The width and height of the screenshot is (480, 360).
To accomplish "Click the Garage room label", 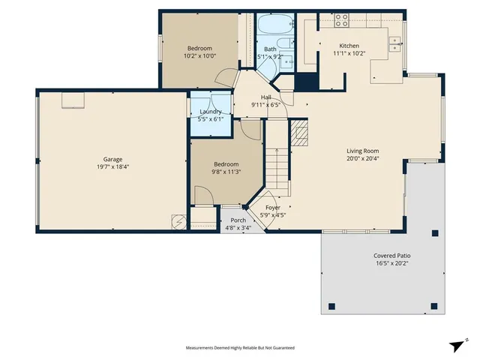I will pyautogui.click(x=112, y=159).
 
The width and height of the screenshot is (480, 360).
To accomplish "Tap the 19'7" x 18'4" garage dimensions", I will pyautogui.click(x=112, y=166).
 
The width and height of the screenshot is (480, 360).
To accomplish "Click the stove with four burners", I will pyautogui.click(x=341, y=21).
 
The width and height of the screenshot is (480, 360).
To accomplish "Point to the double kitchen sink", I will pyautogui.click(x=394, y=45).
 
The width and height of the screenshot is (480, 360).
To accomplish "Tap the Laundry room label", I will pyautogui.click(x=210, y=112).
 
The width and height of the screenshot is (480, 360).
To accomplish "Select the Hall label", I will pyautogui.click(x=265, y=97).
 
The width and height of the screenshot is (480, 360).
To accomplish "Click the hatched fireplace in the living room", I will pyautogui.click(x=300, y=134).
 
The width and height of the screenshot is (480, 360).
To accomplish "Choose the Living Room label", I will pyautogui.click(x=364, y=151).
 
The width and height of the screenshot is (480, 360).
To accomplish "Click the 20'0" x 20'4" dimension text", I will pyautogui.click(x=364, y=158).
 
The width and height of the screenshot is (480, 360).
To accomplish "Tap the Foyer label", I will pyautogui.click(x=273, y=208).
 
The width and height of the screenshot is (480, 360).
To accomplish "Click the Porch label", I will pyautogui.click(x=238, y=220).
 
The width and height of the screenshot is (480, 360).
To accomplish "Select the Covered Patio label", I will pyautogui.click(x=392, y=256).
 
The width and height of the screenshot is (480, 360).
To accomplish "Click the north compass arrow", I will pyautogui.click(x=457, y=345).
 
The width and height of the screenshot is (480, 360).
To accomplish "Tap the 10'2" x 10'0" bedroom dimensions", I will pyautogui.click(x=199, y=55).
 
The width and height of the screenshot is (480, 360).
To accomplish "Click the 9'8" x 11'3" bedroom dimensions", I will pyautogui.click(x=226, y=172).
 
